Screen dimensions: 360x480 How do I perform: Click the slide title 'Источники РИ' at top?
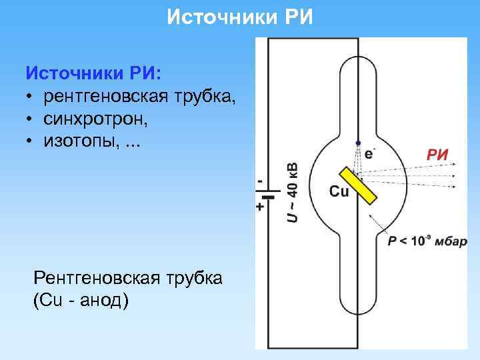click(239, 16)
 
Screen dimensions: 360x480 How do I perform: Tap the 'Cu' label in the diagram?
click(339, 192)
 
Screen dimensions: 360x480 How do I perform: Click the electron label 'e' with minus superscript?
click(369, 153)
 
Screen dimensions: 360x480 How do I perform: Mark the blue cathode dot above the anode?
click(359, 143)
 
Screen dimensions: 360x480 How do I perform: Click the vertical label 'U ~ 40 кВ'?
click(293, 191)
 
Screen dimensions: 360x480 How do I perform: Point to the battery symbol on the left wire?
click(268, 196)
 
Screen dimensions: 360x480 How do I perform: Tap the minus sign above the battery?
click(259, 181)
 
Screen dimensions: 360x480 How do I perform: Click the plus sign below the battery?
click(259, 207)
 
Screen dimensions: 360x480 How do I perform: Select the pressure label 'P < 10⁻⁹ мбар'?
click(432, 241)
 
